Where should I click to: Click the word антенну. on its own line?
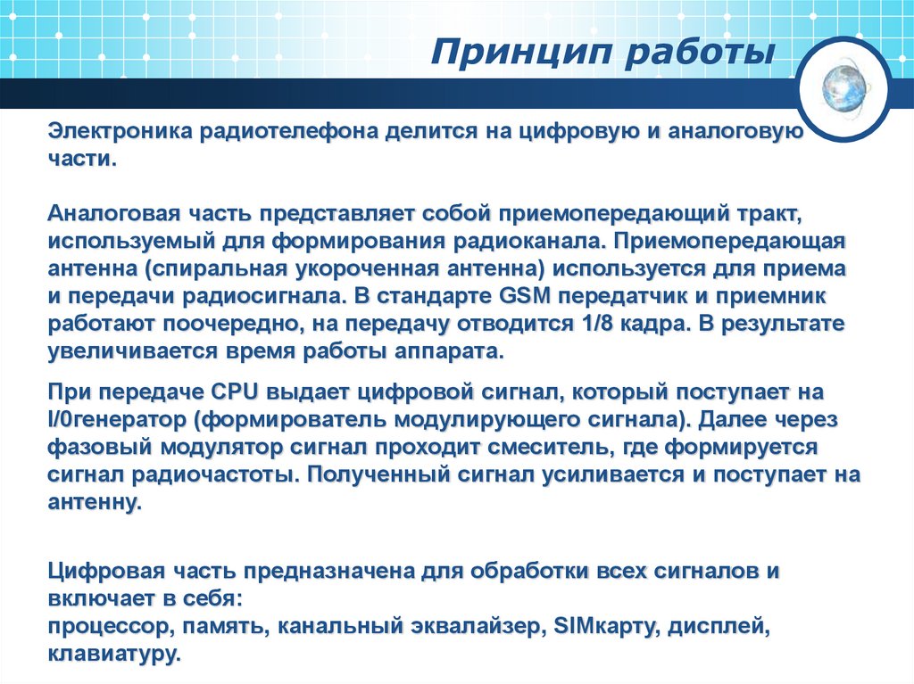point(96,503)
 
